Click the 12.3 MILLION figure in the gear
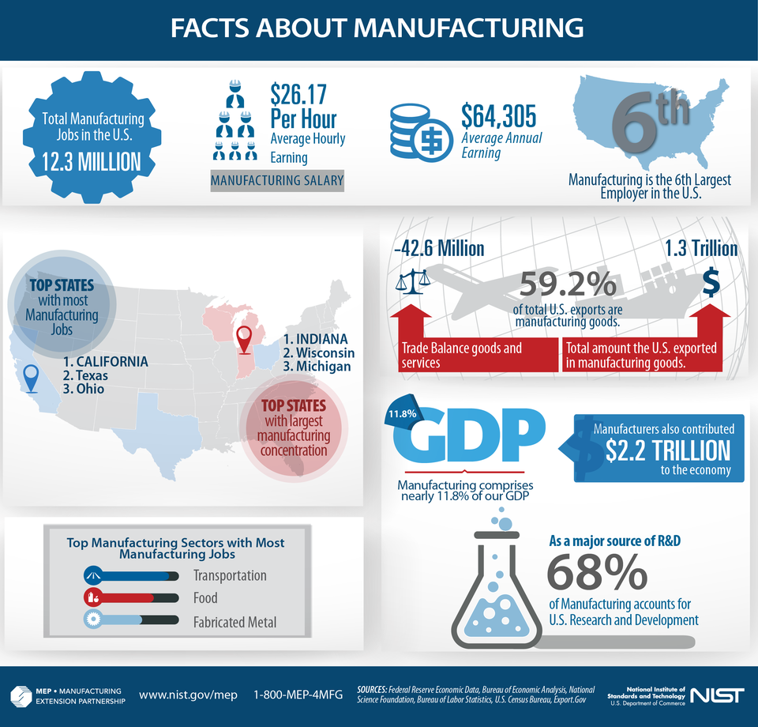click(x=92, y=162)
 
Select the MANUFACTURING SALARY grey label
click(x=276, y=180)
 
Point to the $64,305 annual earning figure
click(x=498, y=116)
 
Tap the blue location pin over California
click(x=31, y=378)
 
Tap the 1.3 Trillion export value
click(x=701, y=249)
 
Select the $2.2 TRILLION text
click(x=668, y=450)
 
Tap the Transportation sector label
click(x=230, y=575)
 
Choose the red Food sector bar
click(x=126, y=597)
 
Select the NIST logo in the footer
click(x=716, y=695)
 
